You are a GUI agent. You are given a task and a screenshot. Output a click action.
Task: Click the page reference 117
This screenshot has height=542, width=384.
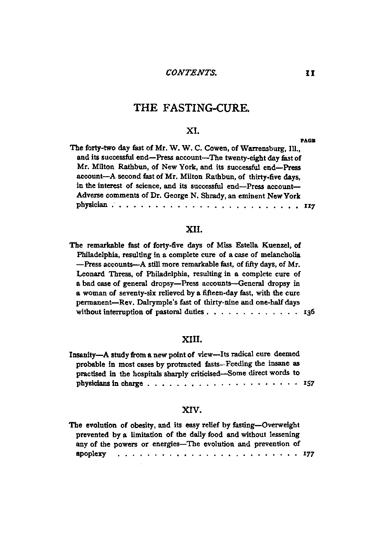(x=310, y=207)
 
